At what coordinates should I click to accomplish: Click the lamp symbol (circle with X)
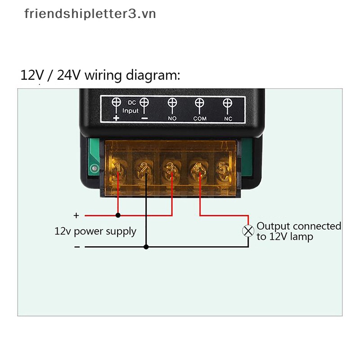(x=248, y=231)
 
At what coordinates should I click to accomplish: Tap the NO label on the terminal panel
(x=172, y=118)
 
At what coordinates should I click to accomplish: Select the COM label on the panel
(x=199, y=118)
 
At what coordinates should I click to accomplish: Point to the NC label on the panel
(x=228, y=118)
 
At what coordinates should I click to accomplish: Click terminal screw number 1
(x=118, y=170)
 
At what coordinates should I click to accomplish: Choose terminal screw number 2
(x=144, y=169)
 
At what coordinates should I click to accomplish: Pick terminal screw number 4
(x=197, y=169)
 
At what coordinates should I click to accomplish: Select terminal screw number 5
(x=223, y=169)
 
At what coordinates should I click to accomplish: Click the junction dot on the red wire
(x=118, y=215)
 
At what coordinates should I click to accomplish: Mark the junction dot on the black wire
(x=146, y=247)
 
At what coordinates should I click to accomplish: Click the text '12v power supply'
(x=95, y=231)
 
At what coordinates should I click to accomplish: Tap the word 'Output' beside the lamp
(x=273, y=226)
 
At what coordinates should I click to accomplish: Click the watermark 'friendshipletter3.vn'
(x=90, y=14)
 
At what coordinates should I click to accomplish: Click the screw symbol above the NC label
(x=227, y=103)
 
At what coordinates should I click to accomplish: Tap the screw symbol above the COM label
(x=199, y=103)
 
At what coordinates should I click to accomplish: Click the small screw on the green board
(x=94, y=169)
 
